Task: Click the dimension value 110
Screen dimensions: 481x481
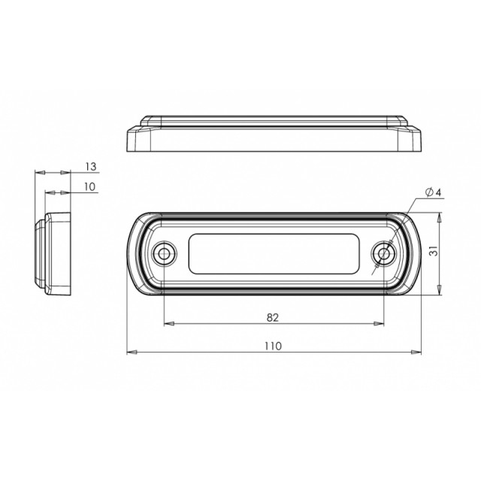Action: tap(272, 346)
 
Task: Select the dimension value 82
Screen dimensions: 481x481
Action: tap(272, 318)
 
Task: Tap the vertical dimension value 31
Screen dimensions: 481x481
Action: tap(433, 253)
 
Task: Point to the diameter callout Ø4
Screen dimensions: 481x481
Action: tap(432, 193)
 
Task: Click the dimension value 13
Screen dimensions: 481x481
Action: tap(90, 166)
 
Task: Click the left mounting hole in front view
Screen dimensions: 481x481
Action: tap(163, 254)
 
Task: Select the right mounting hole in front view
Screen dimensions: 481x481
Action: tap(384, 254)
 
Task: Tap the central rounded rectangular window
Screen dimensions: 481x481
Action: tap(274, 253)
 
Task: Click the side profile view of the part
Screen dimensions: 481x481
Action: tap(54, 252)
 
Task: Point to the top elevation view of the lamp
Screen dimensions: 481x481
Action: tap(274, 134)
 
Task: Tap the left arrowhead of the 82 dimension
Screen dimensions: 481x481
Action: tap(168, 324)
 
